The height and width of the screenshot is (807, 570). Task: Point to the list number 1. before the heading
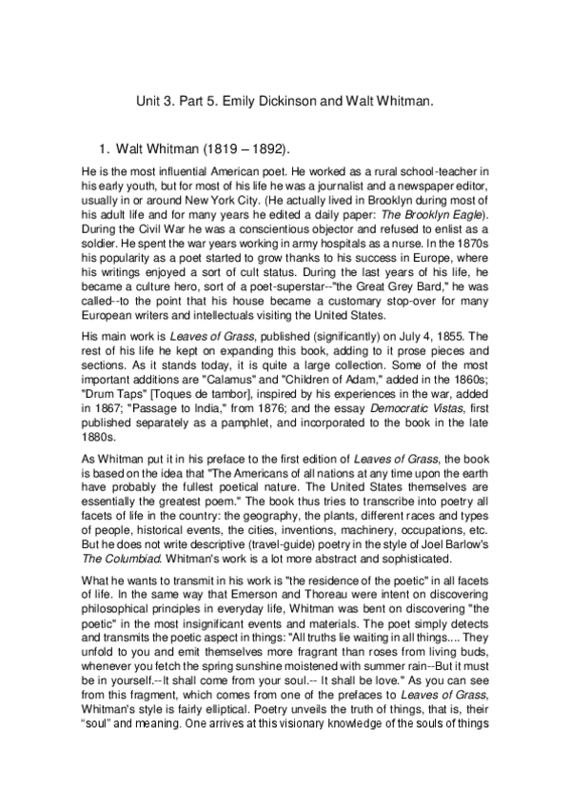[x=105, y=149]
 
